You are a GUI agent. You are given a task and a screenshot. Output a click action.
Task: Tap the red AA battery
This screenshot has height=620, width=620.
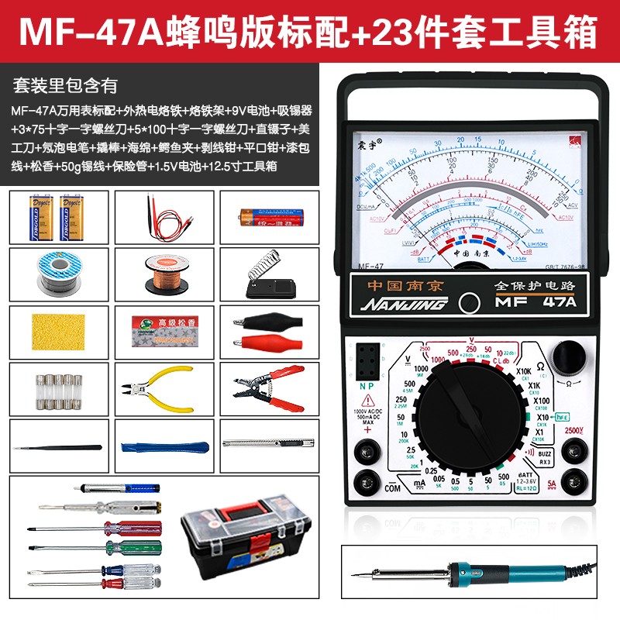click(x=267, y=215)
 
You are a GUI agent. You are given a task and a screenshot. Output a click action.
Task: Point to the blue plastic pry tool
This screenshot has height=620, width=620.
click(x=163, y=447)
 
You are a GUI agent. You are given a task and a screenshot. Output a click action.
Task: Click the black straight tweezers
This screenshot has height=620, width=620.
click(x=59, y=447)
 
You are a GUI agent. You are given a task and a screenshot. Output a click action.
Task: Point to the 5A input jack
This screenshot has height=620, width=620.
click(x=574, y=478)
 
